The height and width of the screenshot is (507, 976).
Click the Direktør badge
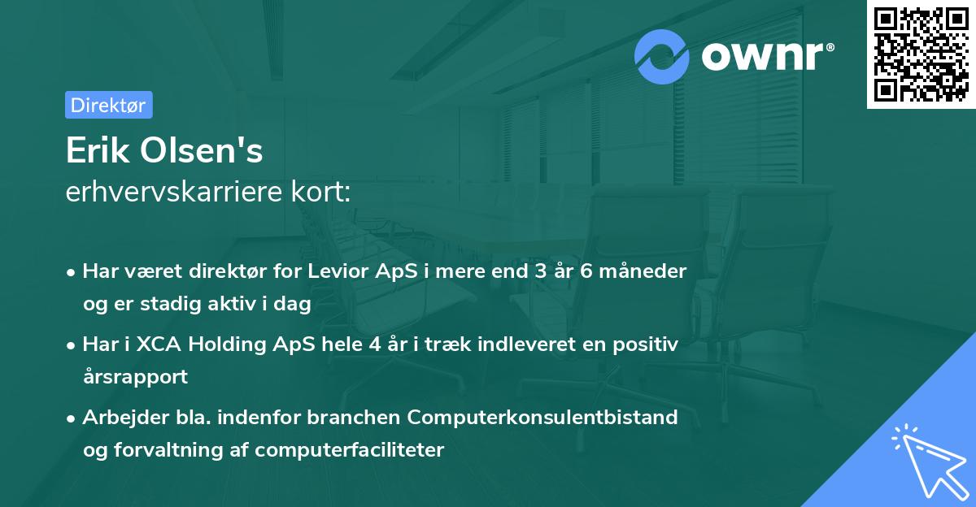pyautogui.click(x=108, y=105)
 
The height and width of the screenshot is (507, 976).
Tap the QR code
pyautogui.click(x=921, y=54)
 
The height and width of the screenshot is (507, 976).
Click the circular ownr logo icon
pyautogui.click(x=662, y=56)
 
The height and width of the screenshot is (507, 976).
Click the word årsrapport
pyautogui.click(x=135, y=376)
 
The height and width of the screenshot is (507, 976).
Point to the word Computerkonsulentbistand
pyautogui.click(x=542, y=418)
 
